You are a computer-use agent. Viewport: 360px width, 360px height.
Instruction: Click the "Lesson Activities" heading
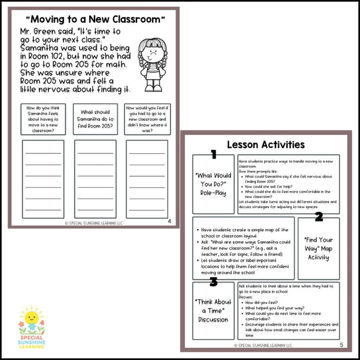point(265,144)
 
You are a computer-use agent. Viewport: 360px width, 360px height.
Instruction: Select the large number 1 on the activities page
point(213,155)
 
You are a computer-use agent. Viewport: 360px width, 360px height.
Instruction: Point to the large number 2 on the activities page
point(319,217)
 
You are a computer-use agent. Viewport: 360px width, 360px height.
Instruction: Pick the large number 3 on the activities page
point(213,282)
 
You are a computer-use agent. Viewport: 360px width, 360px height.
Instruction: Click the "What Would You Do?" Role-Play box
point(213,184)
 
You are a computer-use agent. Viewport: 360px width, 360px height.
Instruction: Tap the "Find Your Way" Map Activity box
point(319,247)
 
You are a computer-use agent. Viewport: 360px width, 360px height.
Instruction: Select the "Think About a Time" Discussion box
point(213,311)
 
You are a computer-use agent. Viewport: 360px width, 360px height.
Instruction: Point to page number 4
point(169,221)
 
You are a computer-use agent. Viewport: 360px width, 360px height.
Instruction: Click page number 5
point(341,344)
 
